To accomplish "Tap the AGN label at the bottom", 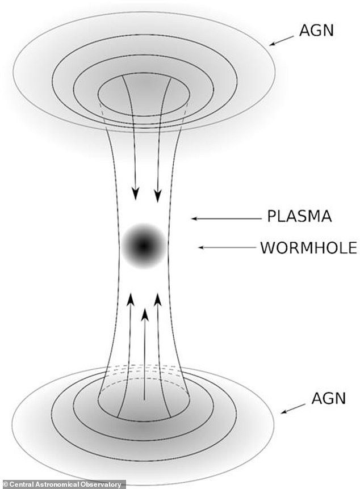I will pyautogui.click(x=328, y=398).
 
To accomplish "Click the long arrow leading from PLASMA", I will pyautogui.click(x=225, y=218).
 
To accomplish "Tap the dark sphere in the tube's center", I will pyautogui.click(x=144, y=246).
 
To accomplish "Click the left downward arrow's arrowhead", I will pyautogui.click(x=136, y=195).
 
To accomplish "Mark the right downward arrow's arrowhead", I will pyautogui.click(x=158, y=195).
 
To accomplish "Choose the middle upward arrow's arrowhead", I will pyautogui.click(x=145, y=313).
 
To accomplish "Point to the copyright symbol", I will pyautogui.click(x=5, y=484).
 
